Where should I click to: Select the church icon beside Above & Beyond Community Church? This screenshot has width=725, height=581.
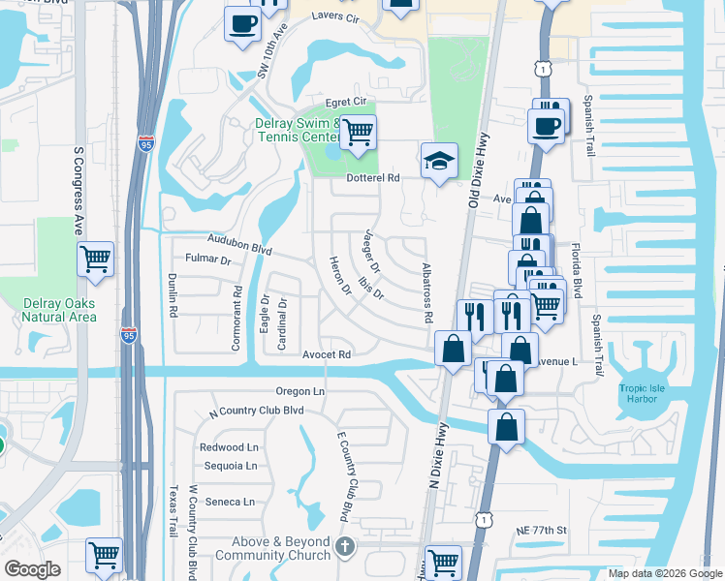(344, 549)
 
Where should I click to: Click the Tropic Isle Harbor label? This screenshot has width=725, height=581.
(645, 394)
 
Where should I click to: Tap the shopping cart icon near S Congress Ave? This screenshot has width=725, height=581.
(96, 259)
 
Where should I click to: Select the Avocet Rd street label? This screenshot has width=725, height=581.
(325, 355)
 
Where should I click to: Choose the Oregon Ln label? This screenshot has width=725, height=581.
(299, 391)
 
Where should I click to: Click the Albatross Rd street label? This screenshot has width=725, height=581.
(426, 292)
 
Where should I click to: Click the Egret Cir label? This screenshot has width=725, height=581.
(345, 101)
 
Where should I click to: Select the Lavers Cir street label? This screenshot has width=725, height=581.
(335, 18)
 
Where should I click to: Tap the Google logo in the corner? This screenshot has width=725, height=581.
(32, 569)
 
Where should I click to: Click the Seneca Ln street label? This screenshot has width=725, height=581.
(230, 502)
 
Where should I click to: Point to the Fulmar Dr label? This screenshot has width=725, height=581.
(207, 260)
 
